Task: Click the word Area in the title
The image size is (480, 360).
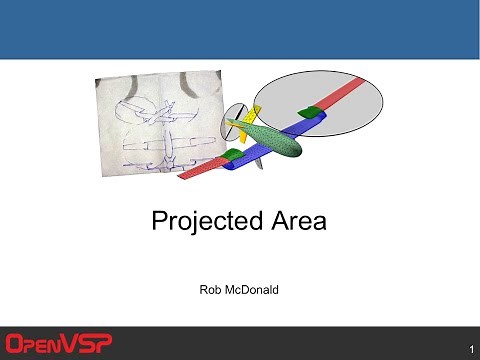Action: point(295,221)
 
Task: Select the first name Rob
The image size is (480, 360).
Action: point(212,290)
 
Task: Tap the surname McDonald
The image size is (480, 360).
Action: point(255,290)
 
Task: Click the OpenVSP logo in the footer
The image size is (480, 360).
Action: point(59,343)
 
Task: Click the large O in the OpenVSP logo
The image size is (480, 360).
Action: point(17,343)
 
